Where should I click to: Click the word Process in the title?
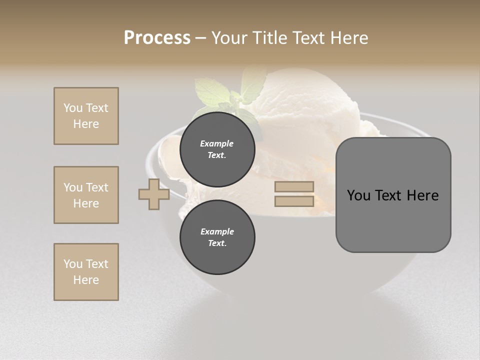pyautogui.click(x=157, y=37)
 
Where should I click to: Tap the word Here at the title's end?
pyautogui.click(x=347, y=37)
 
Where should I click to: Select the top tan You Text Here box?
pyautogui.click(x=86, y=116)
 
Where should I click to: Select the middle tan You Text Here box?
pyautogui.click(x=86, y=195)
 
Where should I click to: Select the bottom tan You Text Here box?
pyautogui.click(x=86, y=272)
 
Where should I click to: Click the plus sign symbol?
pyautogui.click(x=154, y=194)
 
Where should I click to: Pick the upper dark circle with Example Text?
pyautogui.click(x=217, y=149)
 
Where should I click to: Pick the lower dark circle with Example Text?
pyautogui.click(x=217, y=237)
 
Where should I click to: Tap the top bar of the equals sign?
pyautogui.click(x=294, y=187)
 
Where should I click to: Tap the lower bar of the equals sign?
pyautogui.click(x=294, y=201)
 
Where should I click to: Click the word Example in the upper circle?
pyautogui.click(x=217, y=143)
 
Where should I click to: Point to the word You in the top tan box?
pyautogui.click(x=73, y=108)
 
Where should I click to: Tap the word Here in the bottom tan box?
pyautogui.click(x=86, y=280)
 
